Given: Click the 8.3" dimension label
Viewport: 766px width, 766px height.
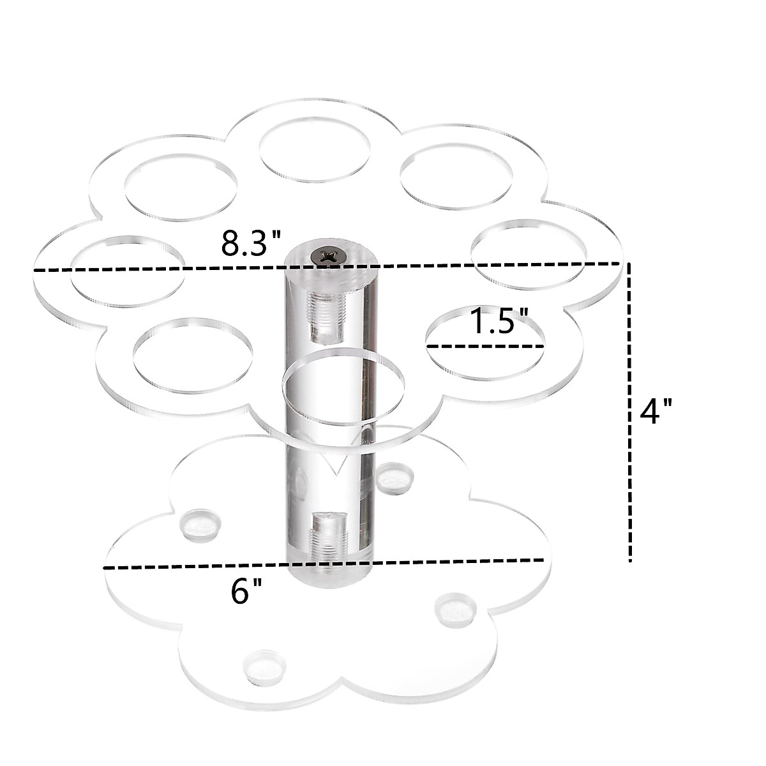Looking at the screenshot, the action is click(251, 243).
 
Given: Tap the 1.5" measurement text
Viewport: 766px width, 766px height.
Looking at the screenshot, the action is click(499, 322).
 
